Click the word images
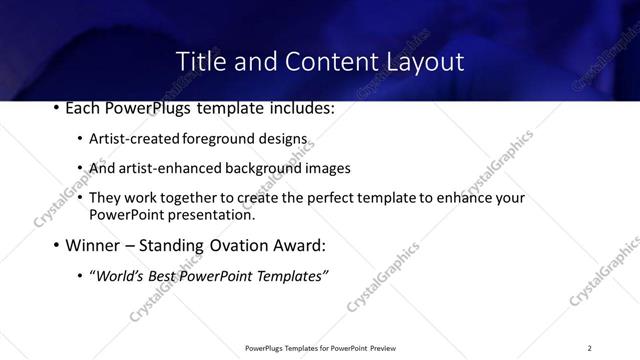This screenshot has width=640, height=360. pos(327,168)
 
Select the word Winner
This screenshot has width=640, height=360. pos(96,245)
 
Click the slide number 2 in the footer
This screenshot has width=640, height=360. pos(589,348)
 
